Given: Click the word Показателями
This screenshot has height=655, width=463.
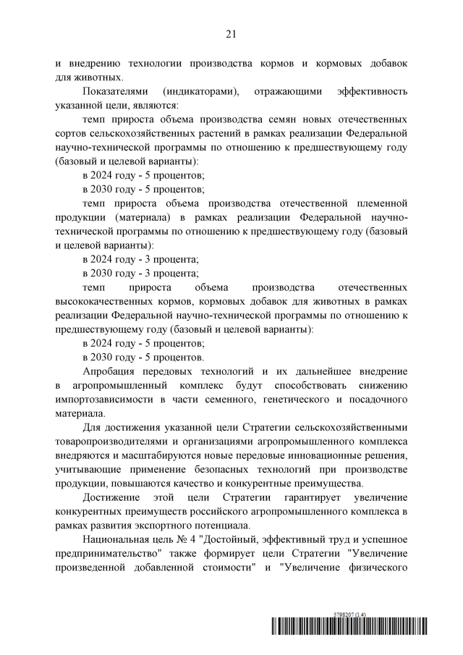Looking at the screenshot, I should pyautogui.click(x=116, y=92).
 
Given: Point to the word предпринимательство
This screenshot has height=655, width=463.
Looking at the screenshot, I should pyautogui.click(x=112, y=552).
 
